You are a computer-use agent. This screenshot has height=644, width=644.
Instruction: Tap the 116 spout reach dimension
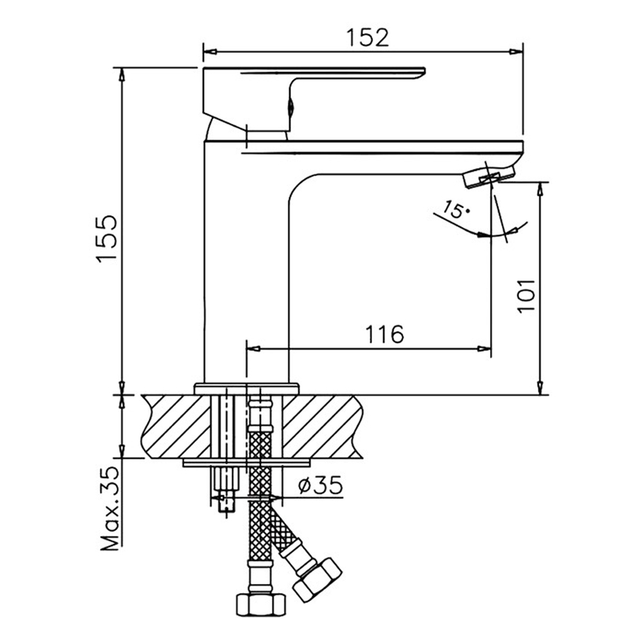[x=384, y=334]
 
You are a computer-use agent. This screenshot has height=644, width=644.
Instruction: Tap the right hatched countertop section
[x=322, y=426]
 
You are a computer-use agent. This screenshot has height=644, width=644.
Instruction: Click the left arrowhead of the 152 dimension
[x=208, y=52]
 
